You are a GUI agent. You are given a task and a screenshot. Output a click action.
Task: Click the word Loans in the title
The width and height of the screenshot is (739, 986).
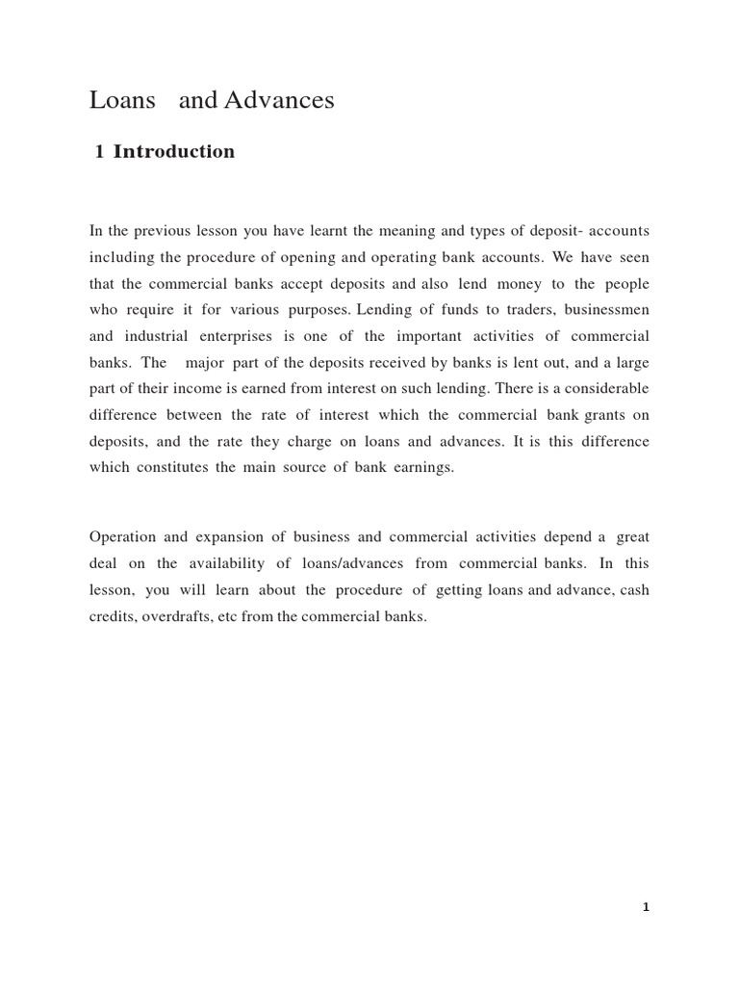click(x=122, y=100)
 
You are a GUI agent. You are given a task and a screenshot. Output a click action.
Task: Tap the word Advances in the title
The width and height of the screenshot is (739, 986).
click(x=279, y=100)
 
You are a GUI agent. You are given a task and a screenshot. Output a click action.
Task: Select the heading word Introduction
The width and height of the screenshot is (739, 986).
click(x=174, y=152)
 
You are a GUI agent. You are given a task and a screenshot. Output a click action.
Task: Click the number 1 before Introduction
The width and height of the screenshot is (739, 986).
click(x=100, y=152)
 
